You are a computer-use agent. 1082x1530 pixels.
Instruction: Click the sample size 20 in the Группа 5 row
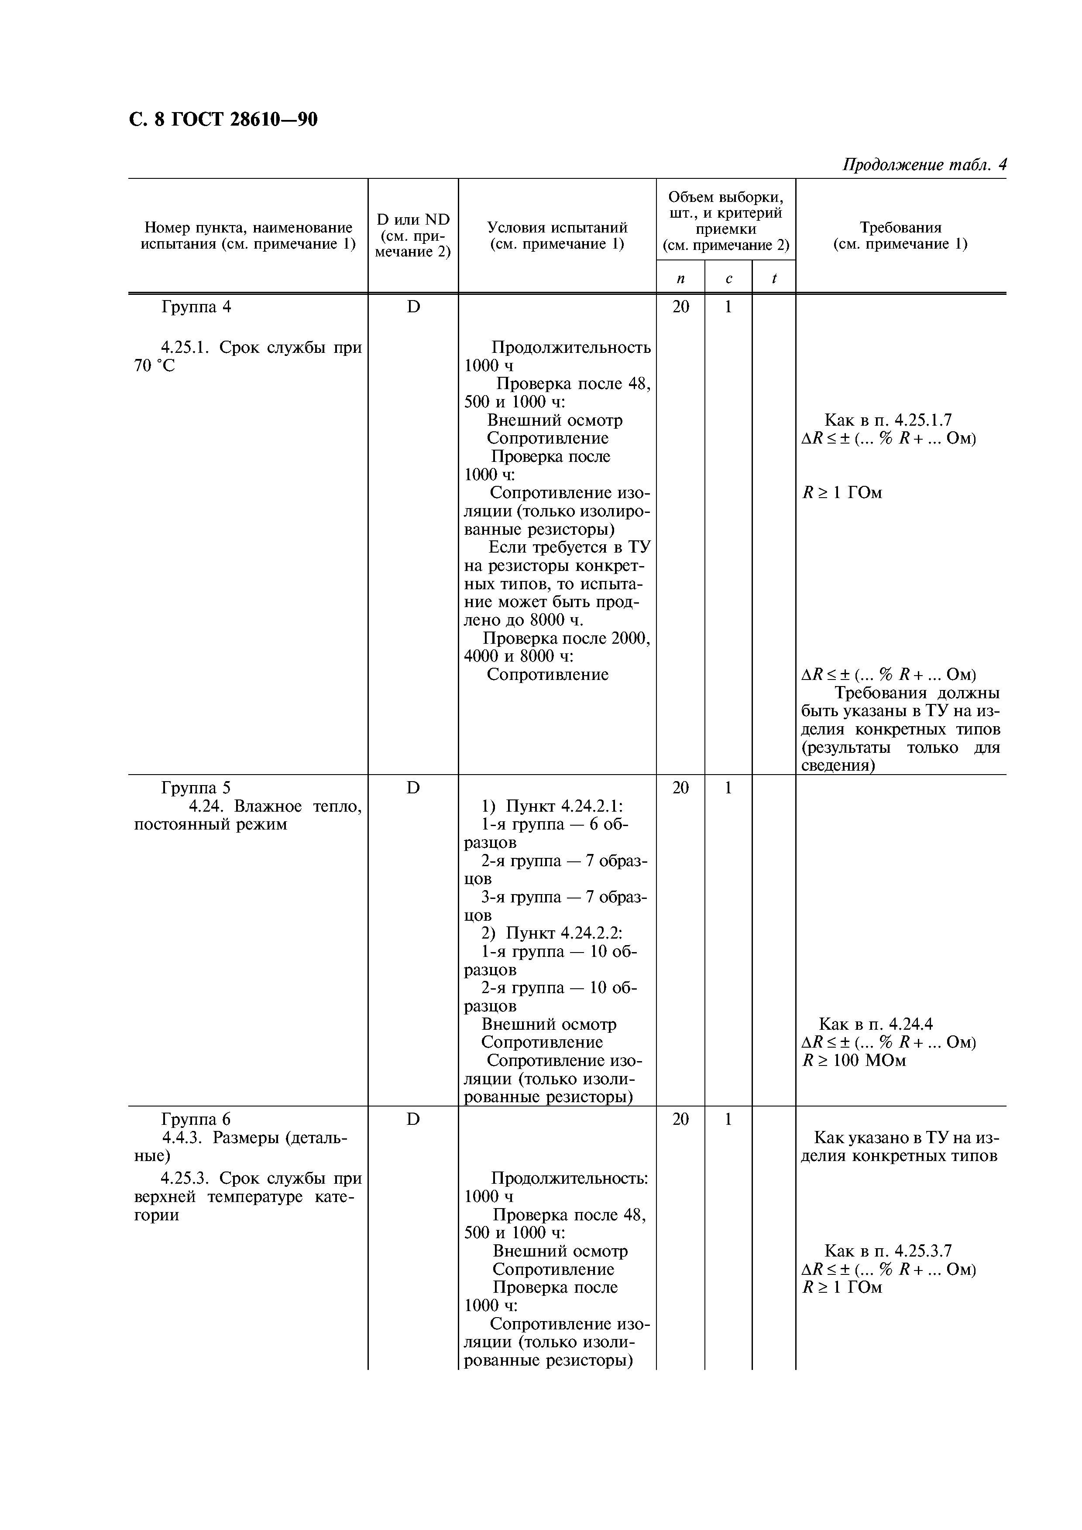tap(680, 788)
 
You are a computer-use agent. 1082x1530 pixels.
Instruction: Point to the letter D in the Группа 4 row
tap(413, 307)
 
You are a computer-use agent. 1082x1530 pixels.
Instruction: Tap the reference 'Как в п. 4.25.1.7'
tap(887, 420)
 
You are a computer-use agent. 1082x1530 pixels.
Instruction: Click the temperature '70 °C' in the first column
tap(154, 366)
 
